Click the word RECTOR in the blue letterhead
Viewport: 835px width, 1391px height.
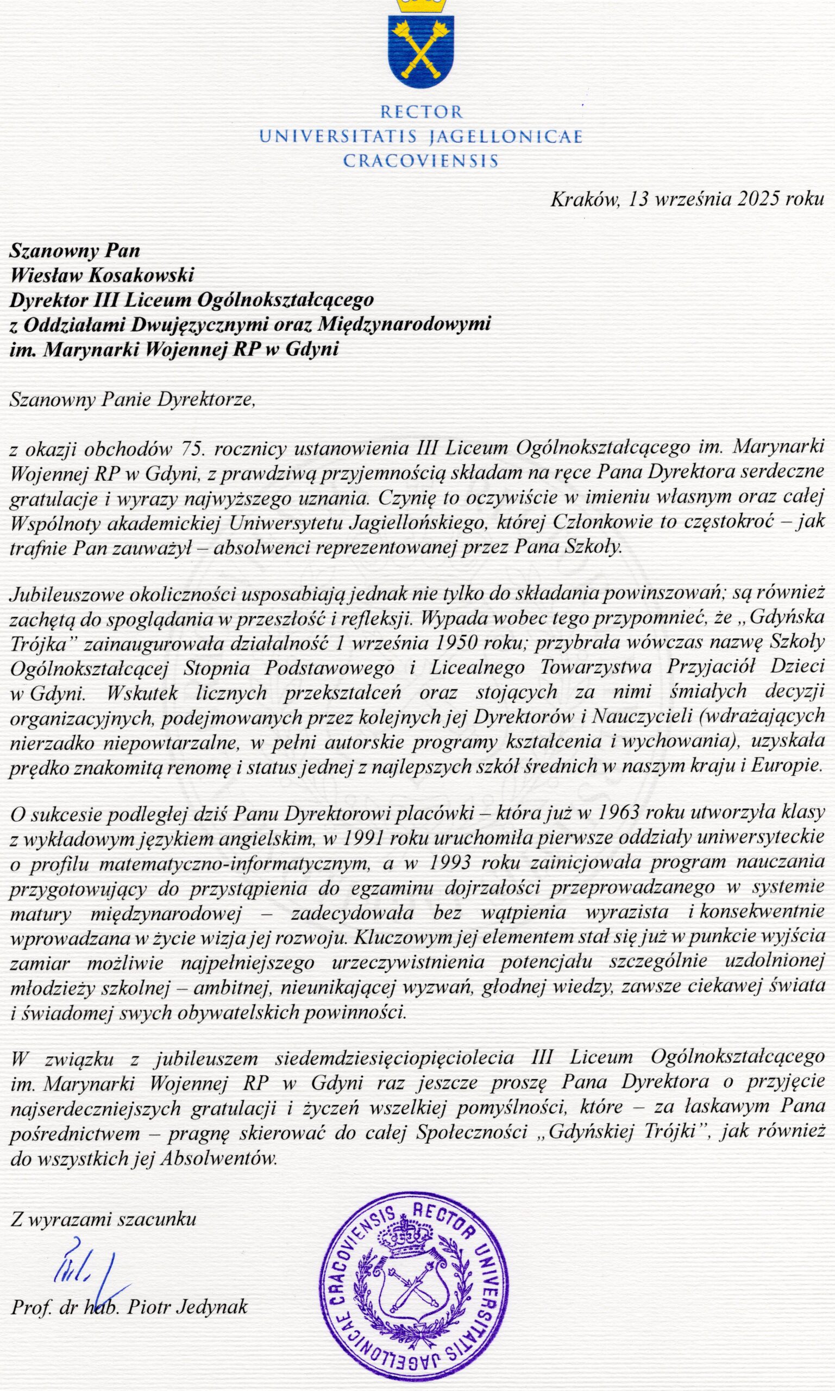pos(421,112)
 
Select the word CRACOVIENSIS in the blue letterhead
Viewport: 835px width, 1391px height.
pos(421,161)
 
